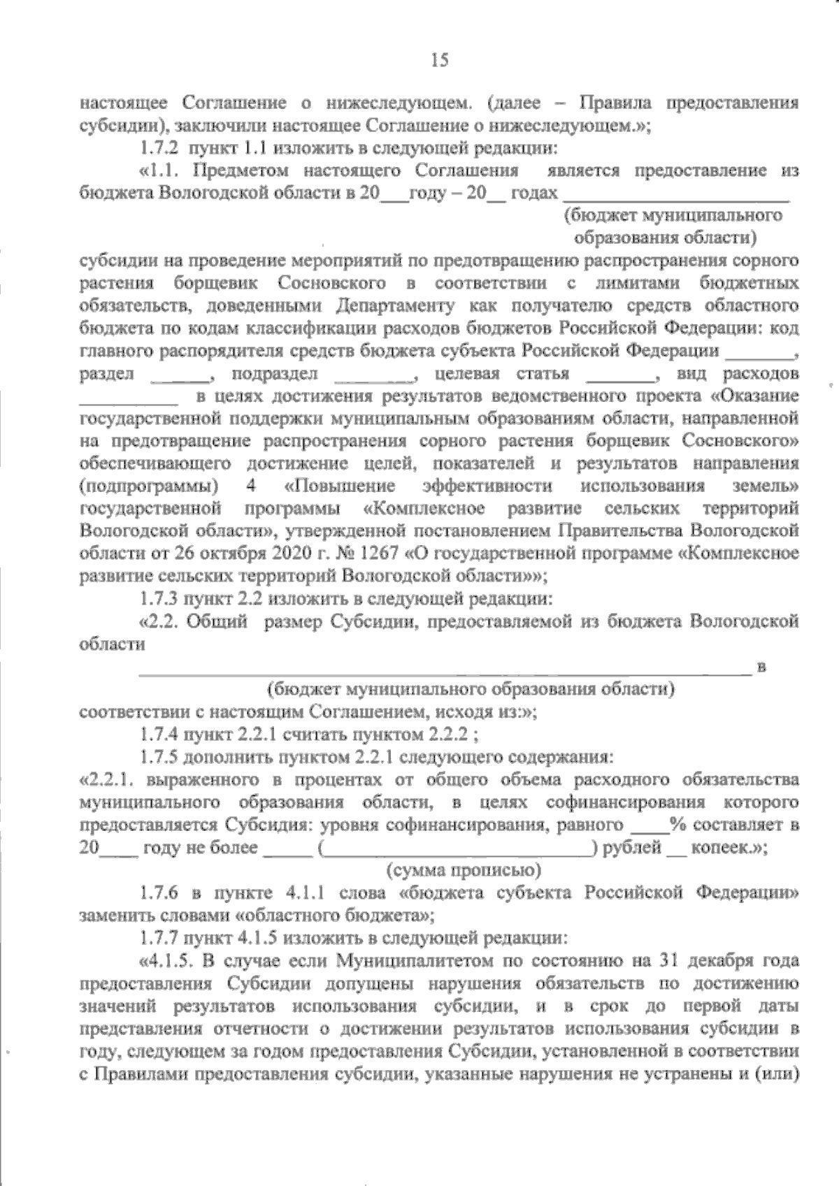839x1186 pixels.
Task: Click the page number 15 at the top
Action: [x=439, y=61]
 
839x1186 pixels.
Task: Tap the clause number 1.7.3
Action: [x=160, y=598]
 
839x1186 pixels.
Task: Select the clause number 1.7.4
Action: [x=160, y=735]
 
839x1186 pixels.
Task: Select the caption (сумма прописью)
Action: [x=464, y=870]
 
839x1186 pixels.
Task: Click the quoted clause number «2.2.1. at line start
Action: [x=107, y=780]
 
